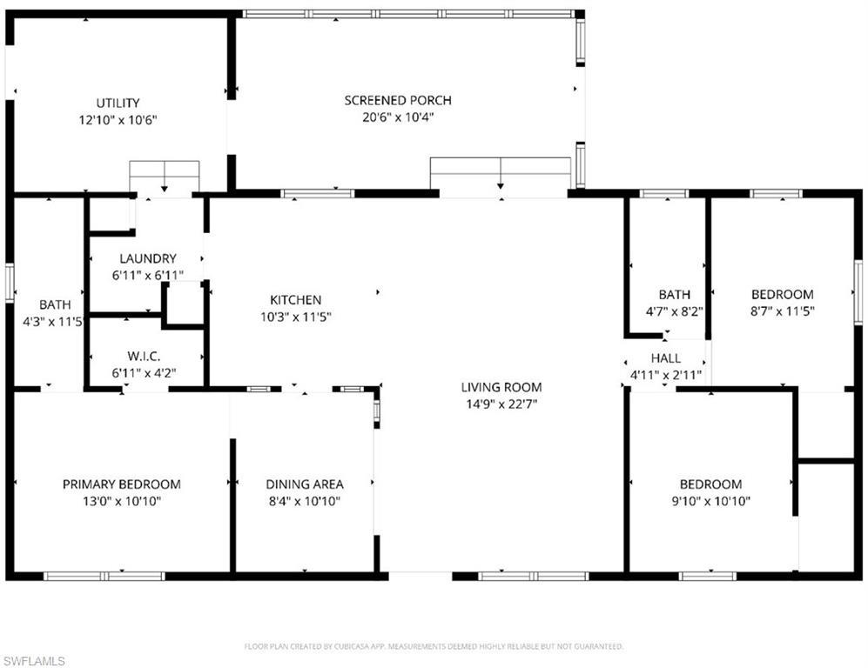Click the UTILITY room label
coord(118,103)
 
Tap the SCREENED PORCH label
coord(398,100)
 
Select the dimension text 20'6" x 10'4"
coord(398,117)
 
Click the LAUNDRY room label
coord(148,258)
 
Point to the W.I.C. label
coord(147,357)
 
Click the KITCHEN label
coord(295,300)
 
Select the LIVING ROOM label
coord(501,387)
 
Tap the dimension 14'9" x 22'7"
coord(501,404)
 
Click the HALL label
coord(666,358)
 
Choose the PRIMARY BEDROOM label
coord(122,484)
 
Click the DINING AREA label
coord(305,484)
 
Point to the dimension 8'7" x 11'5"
coord(783,311)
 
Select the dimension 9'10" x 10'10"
coord(710,500)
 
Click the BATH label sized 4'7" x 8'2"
coord(674,294)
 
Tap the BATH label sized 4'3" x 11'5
coord(55,304)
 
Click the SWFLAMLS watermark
coord(34,661)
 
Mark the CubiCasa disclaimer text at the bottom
coord(433,646)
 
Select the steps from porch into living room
coord(501,172)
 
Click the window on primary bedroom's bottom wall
coord(104,576)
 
